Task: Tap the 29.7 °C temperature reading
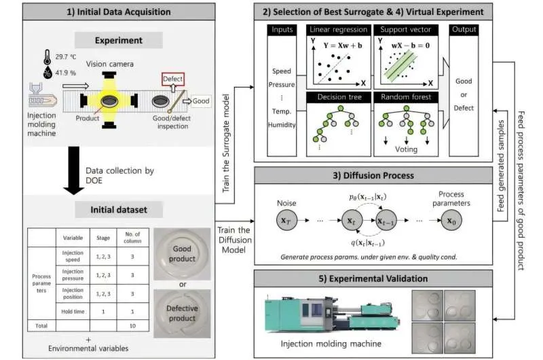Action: coord(62,76)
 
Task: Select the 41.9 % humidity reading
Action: coord(62,92)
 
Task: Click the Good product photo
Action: coord(183,253)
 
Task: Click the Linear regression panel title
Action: coord(337,30)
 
